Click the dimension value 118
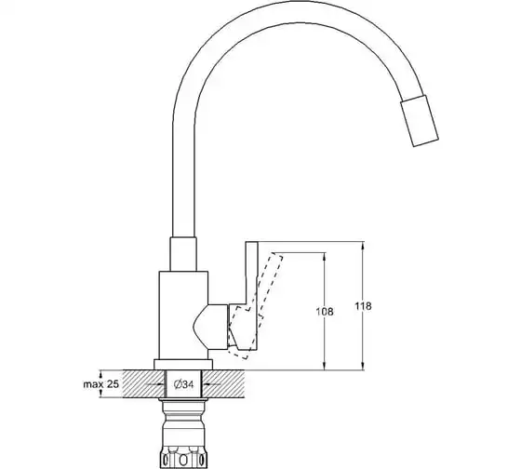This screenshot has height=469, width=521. pos(363,306)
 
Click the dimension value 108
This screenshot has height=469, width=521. pos(325,312)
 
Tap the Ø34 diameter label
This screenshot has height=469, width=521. pos(183,384)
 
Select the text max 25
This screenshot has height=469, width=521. pos(100,384)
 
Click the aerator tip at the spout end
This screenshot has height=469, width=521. pos(420,121)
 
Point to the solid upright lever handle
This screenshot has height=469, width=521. pos(251,296)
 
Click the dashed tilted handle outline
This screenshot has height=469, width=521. pos(256,306)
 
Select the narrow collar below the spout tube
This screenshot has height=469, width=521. pos(183,254)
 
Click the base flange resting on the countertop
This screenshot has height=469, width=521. pos(183,364)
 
